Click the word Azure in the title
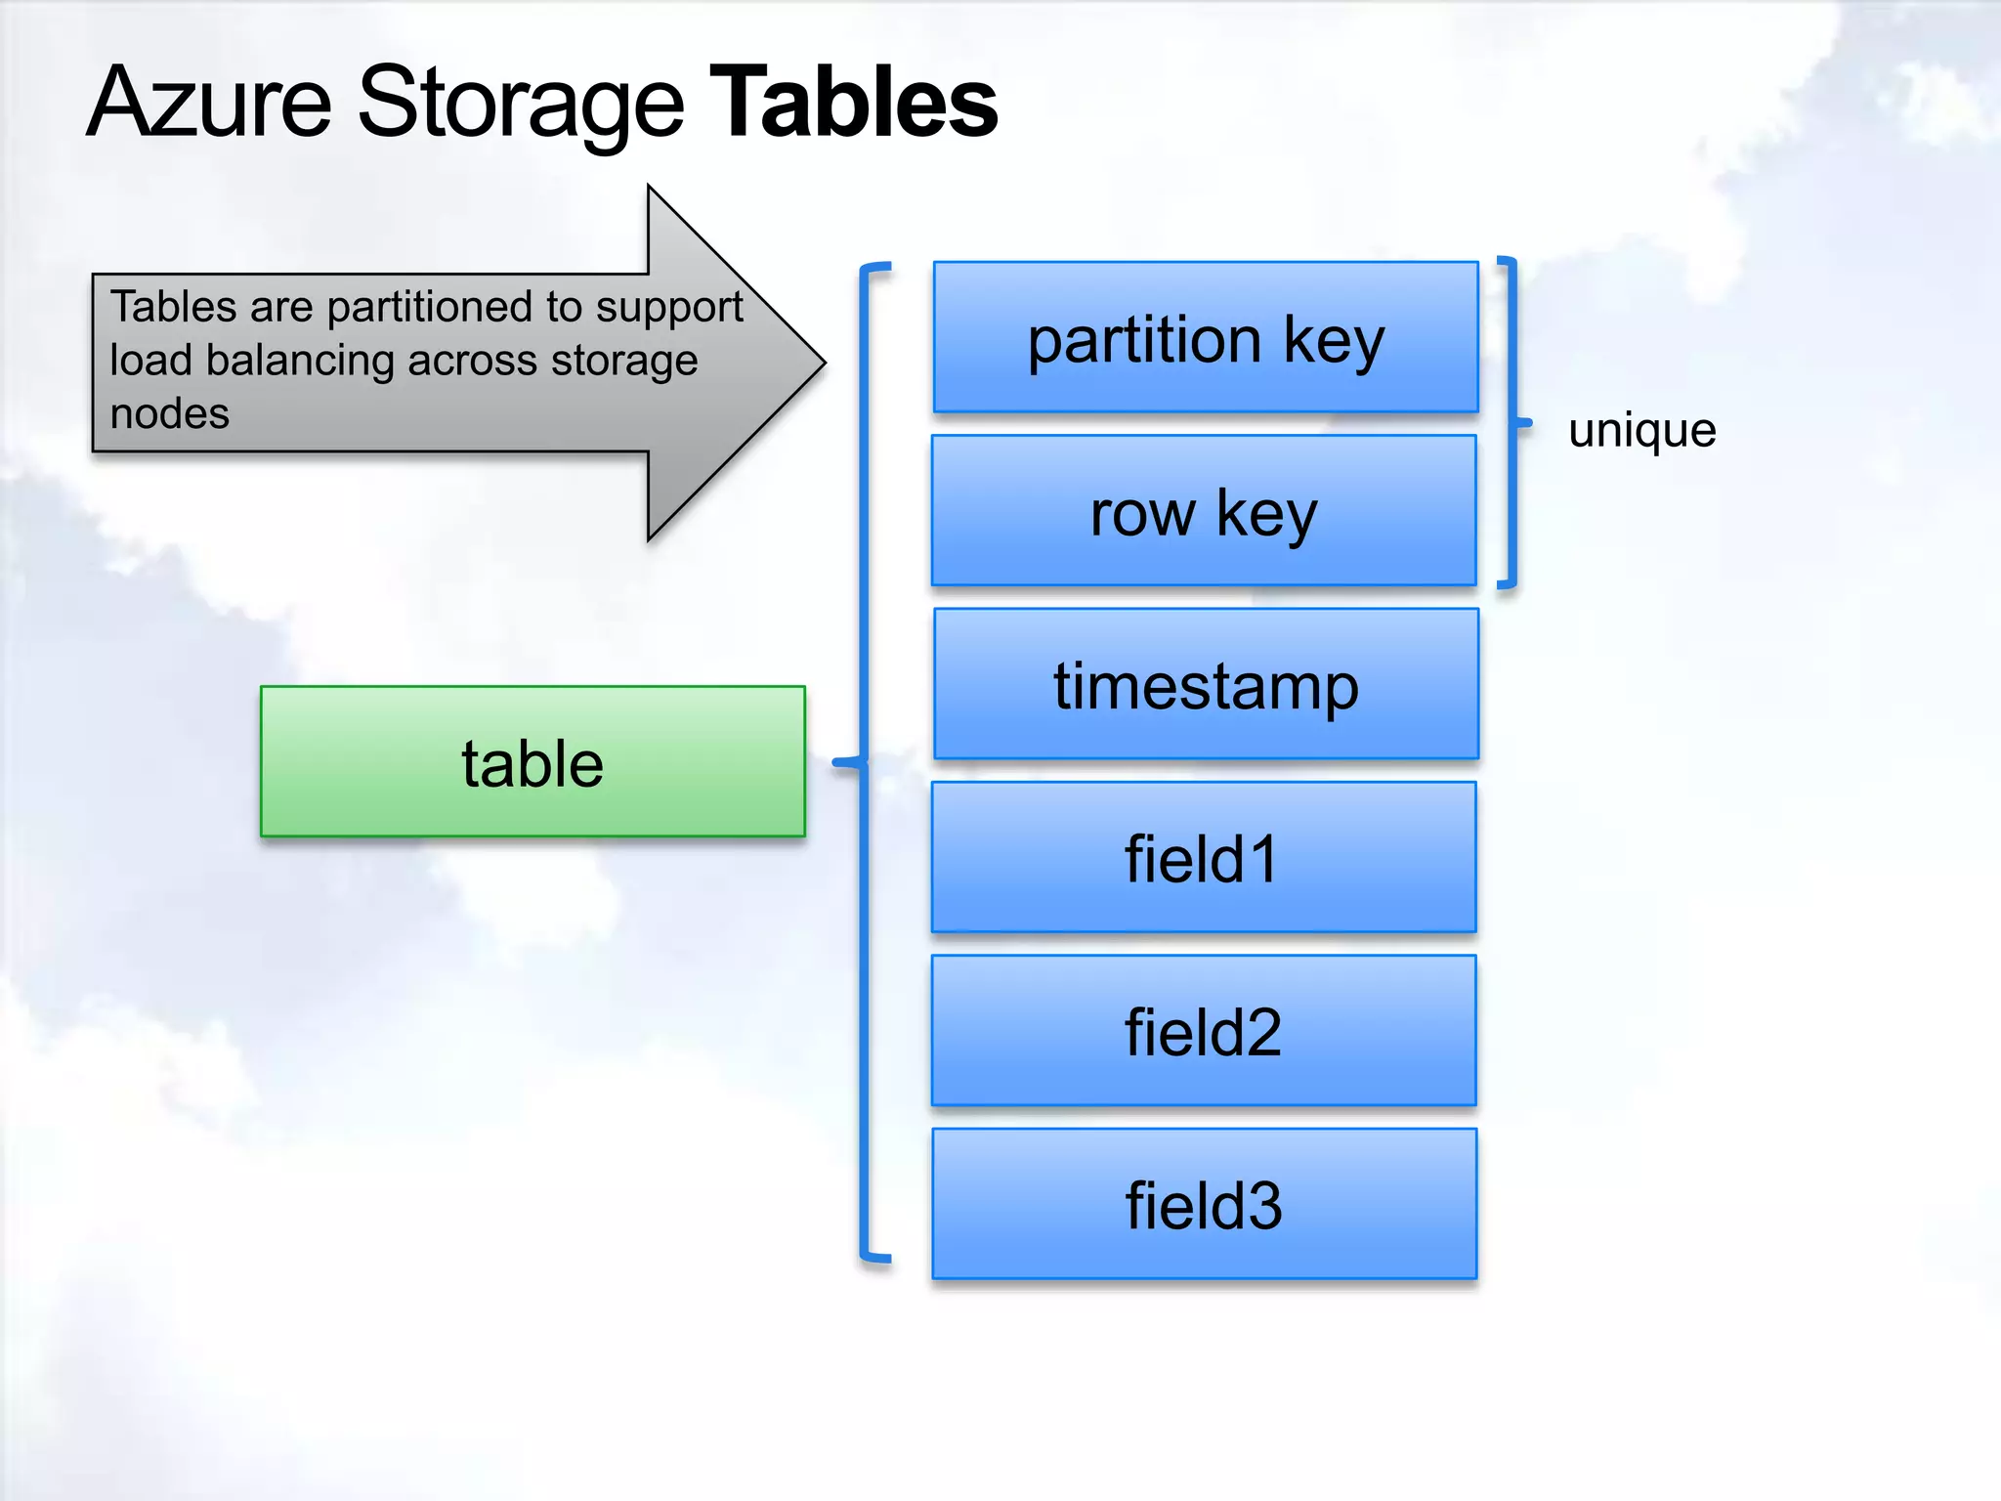tap(210, 102)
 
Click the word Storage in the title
tap(520, 102)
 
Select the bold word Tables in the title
tap(852, 102)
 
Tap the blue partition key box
tap(1206, 337)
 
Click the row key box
tap(1204, 511)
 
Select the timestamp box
tap(1206, 684)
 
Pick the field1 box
tap(1204, 858)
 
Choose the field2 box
tap(1204, 1031)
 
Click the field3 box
tap(1204, 1204)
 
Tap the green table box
tap(532, 762)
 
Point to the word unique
tap(1641, 430)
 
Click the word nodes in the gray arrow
tap(170, 413)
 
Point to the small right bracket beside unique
tap(1512, 423)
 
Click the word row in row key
tap(1141, 514)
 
